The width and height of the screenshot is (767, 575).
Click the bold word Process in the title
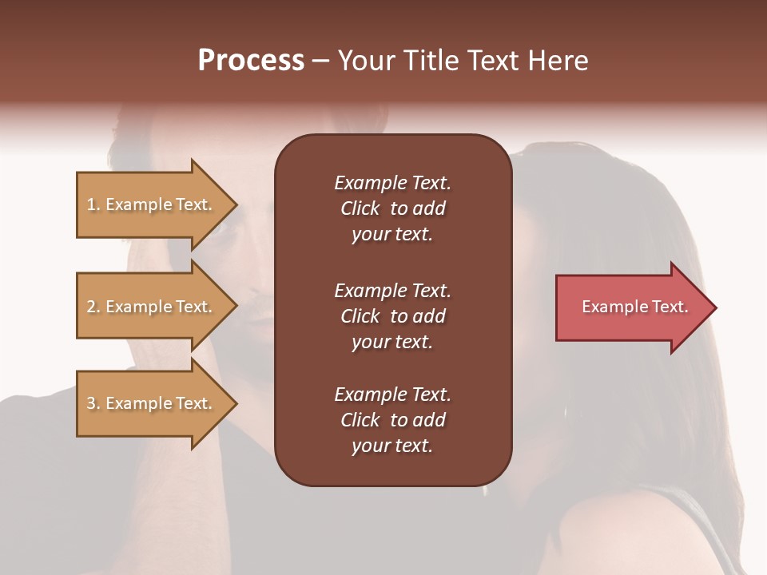251,61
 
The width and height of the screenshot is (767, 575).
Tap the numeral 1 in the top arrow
91,204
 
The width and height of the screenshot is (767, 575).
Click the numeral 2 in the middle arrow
91,307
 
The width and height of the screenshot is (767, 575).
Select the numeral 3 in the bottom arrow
91,403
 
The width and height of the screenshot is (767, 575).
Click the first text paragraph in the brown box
392,208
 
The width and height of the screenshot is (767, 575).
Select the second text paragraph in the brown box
392,316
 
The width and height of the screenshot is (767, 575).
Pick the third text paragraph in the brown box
392,420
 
